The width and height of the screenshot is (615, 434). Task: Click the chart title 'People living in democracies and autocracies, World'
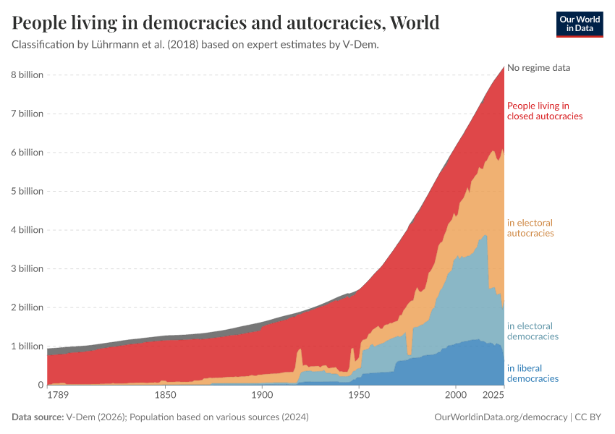coord(226,23)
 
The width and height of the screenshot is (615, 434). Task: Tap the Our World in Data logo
coord(580,24)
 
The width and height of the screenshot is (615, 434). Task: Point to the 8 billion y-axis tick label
coord(27,75)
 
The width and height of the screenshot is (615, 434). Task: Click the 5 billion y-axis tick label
coord(27,191)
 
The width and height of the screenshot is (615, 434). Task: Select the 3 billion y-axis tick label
coord(27,268)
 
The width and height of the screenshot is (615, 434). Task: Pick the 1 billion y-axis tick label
coord(27,346)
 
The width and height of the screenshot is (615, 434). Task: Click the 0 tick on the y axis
coord(41,385)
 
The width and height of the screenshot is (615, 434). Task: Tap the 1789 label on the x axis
coord(58,396)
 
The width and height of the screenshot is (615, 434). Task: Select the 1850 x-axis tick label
coord(165,396)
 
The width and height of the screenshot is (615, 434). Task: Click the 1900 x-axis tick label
coord(262,396)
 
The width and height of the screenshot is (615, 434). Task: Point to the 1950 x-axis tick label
coord(358,396)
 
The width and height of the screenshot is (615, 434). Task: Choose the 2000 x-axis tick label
coord(455,396)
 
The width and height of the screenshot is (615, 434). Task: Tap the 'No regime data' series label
coord(538,68)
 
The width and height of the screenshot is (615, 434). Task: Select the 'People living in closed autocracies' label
coord(544,111)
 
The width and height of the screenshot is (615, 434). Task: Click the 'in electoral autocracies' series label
coord(530,228)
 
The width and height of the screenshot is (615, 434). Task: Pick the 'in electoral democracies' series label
coord(533,331)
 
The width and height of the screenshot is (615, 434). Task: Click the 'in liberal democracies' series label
coord(533,373)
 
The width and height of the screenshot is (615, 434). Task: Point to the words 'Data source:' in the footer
coord(37,417)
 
